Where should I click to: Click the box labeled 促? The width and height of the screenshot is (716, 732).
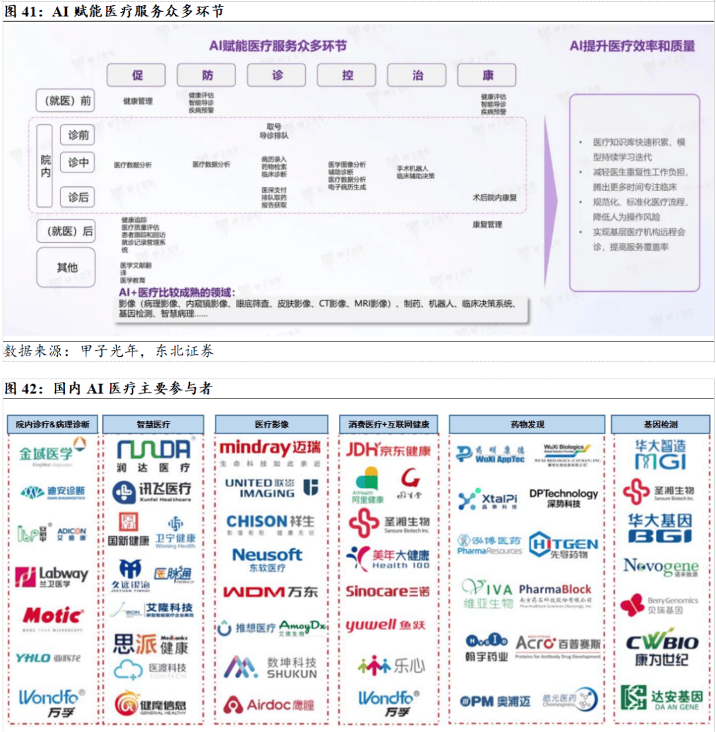(x=136, y=75)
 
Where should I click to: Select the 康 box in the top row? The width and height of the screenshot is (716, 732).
(x=487, y=75)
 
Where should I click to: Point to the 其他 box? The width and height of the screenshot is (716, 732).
(x=67, y=267)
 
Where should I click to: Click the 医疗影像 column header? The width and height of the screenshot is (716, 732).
(x=272, y=424)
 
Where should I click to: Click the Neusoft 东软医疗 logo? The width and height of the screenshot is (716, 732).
(x=267, y=559)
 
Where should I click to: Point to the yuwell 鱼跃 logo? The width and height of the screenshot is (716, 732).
(x=385, y=625)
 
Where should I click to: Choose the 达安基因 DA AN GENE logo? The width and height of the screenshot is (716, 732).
(x=661, y=698)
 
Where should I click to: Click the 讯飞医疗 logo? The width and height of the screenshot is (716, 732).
(x=152, y=491)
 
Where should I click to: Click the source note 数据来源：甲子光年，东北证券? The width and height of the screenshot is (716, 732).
(x=109, y=351)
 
